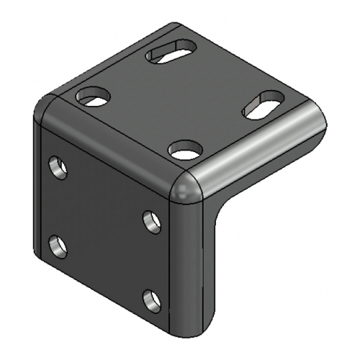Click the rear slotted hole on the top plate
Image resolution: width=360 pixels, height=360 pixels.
[x=171, y=53]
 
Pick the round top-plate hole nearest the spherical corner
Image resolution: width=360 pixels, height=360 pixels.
[x=185, y=150]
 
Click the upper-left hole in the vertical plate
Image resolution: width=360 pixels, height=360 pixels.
[x=58, y=168]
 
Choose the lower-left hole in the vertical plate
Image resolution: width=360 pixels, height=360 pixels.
[x=58, y=247]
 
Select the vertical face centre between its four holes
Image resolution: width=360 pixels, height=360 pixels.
[x=104, y=230]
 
